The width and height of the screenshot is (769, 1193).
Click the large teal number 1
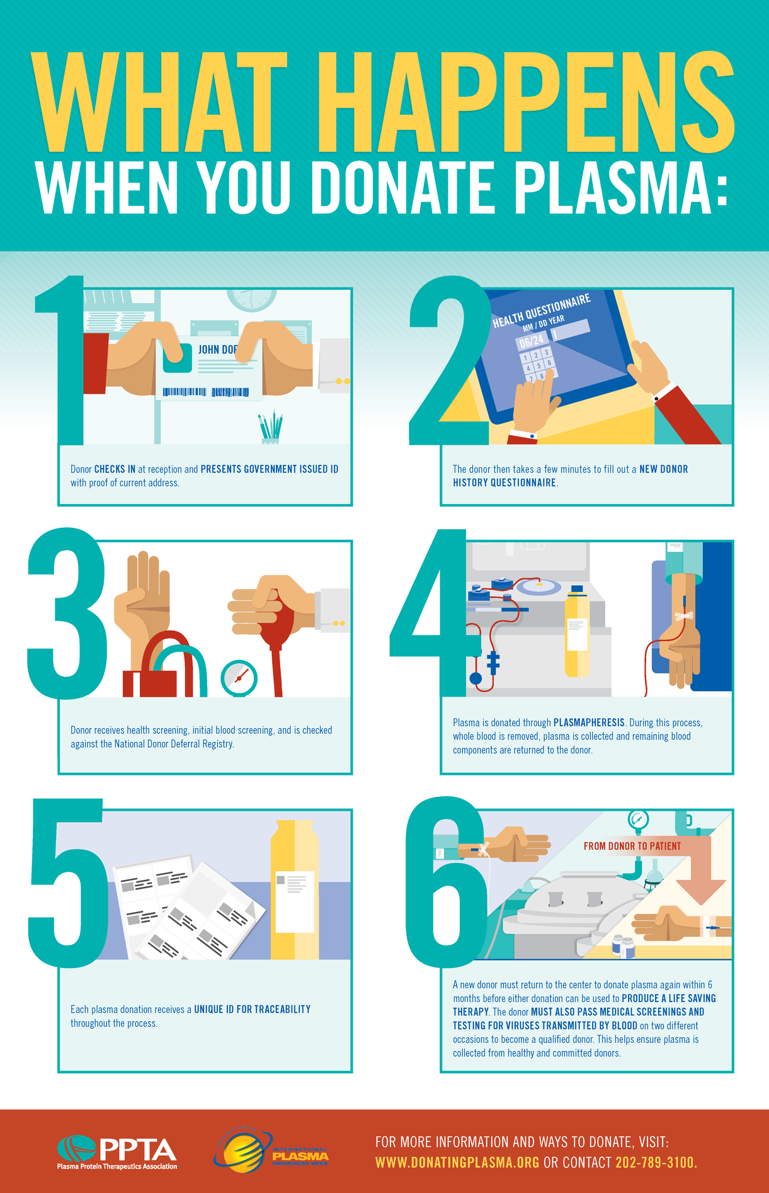(60, 360)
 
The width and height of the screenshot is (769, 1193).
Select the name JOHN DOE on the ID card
(217, 350)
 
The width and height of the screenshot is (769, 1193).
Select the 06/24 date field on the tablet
(531, 341)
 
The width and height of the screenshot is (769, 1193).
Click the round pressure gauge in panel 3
(239, 678)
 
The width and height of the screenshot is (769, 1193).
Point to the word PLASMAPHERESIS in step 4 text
(589, 722)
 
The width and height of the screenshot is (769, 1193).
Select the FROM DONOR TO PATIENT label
(632, 846)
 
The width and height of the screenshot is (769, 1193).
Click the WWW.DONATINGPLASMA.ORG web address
(457, 1162)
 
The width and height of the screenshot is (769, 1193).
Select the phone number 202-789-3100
(655, 1162)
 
